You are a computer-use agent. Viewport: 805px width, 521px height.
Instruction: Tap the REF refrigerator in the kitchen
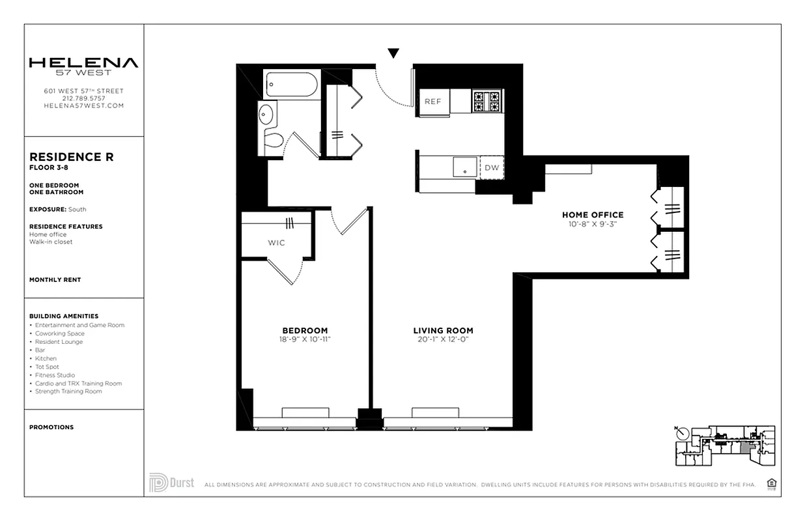(x=433, y=102)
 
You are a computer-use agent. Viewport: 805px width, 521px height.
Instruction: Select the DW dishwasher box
(x=492, y=168)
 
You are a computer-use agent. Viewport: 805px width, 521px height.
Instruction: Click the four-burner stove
(x=487, y=101)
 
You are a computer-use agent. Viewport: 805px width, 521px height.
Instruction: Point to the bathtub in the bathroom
(x=291, y=85)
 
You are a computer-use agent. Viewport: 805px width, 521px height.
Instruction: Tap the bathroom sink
(x=267, y=116)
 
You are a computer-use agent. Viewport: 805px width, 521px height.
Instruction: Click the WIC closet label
(x=276, y=243)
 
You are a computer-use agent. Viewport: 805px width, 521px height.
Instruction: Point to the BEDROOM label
(x=305, y=330)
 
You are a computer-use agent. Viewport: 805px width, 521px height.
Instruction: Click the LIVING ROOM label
(x=443, y=330)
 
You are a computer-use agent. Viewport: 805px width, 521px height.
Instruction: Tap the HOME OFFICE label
(x=593, y=215)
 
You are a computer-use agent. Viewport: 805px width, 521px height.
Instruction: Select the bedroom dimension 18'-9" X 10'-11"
(x=305, y=339)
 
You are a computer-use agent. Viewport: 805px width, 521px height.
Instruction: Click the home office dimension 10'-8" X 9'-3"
(x=593, y=224)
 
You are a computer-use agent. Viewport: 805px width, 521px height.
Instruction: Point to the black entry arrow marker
(x=393, y=53)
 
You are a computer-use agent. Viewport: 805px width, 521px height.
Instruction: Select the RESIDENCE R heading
(x=72, y=157)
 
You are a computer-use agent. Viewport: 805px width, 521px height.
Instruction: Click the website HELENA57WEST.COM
(x=83, y=106)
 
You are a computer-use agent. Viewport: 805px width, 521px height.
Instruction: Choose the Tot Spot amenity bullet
(x=47, y=367)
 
